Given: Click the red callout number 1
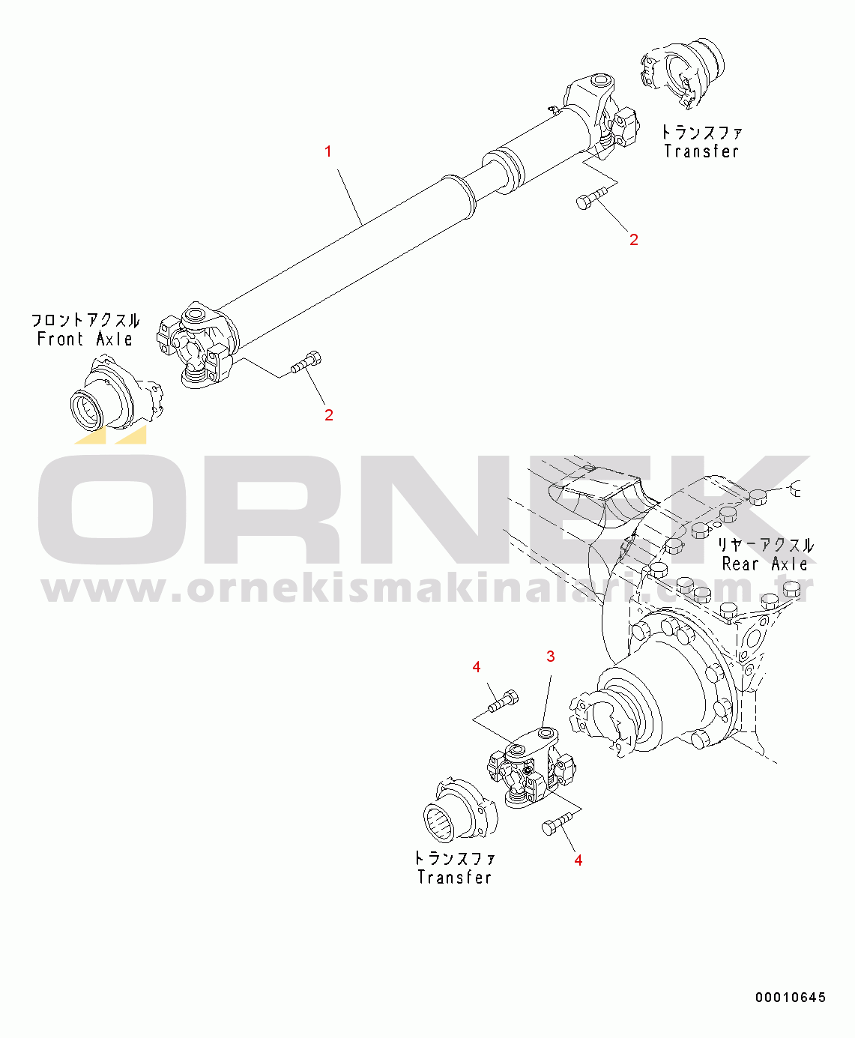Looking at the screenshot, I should tap(327, 151).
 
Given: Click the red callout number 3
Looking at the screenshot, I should tap(550, 657).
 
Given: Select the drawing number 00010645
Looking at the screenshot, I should tap(791, 997).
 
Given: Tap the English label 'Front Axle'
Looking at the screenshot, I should tap(85, 339).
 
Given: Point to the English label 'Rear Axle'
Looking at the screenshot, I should tap(764, 564).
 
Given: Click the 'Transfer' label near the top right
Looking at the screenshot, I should tap(701, 151).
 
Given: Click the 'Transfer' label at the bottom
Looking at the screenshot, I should tap(455, 877).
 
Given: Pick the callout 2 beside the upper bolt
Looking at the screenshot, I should tap(634, 240).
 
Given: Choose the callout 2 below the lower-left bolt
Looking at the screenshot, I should tap(328, 415).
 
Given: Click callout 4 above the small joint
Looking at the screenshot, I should tap(477, 667).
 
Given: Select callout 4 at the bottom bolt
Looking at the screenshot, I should tap(578, 860).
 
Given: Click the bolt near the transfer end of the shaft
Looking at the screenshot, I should tap(590, 200).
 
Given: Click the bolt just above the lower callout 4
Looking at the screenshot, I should tap(554, 824).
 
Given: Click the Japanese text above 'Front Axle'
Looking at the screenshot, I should tap(85, 321).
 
